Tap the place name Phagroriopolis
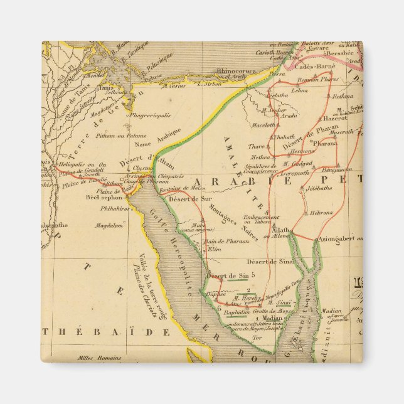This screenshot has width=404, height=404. (151, 115)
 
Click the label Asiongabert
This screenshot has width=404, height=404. (339, 238)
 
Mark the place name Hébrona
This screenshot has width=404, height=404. (321, 213)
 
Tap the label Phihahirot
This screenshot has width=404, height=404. (114, 208)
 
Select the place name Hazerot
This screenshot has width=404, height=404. (336, 117)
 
